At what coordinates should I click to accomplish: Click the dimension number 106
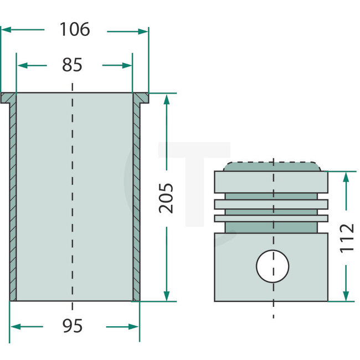coord(74,30)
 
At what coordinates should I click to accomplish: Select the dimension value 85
coord(72,65)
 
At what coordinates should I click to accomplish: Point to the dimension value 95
coord(72,326)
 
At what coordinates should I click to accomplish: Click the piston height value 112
coord(347,237)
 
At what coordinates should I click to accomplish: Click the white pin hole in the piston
coord(272,265)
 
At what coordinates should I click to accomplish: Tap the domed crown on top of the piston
coord(272,167)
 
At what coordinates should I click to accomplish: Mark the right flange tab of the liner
coord(141,99)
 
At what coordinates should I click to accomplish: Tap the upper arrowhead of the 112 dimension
coord(347,176)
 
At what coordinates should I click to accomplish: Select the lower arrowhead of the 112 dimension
coord(347,297)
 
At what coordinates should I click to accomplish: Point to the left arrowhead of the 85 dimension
coord(22,65)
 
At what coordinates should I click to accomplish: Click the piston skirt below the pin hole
coord(272,292)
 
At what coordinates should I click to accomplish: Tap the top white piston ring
coord(271,204)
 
